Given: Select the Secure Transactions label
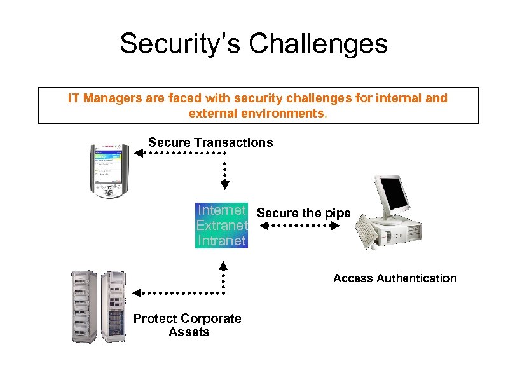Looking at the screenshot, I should [210, 142].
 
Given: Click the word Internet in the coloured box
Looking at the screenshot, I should [221, 210].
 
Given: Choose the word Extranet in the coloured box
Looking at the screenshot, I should [221, 226].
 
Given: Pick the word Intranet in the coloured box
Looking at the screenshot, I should [221, 241].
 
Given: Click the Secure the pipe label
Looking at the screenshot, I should [303, 213].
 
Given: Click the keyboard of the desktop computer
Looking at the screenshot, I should [368, 233].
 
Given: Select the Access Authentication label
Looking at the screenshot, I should [394, 278].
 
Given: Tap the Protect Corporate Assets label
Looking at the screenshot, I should [188, 325].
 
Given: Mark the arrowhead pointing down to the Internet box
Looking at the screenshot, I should [224, 185].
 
